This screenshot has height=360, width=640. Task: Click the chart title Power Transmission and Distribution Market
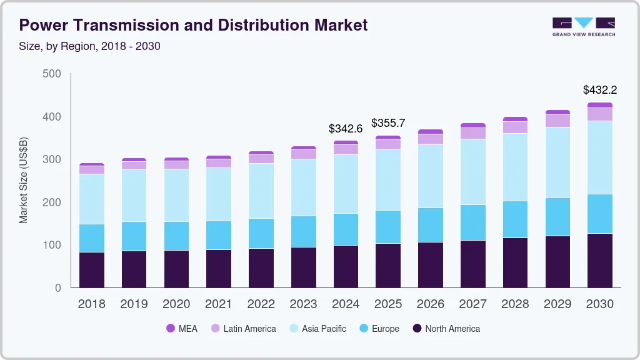(x=193, y=25)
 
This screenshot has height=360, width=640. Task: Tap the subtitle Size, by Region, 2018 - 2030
(x=90, y=46)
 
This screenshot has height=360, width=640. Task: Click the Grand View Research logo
(x=583, y=26)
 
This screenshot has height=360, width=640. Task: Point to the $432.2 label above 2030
(x=600, y=90)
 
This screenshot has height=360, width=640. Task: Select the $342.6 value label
(x=346, y=129)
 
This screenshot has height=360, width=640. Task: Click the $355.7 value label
(x=388, y=123)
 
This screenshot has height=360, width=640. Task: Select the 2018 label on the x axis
(x=91, y=304)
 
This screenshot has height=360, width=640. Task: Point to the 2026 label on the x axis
(x=431, y=304)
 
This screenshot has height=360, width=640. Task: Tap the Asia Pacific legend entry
(x=317, y=328)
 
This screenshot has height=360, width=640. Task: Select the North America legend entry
(x=446, y=328)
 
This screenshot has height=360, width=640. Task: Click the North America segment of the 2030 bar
(x=600, y=260)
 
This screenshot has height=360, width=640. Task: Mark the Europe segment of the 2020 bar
(x=176, y=236)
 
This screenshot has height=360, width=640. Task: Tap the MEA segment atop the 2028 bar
(x=515, y=119)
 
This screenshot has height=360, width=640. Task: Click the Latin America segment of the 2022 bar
(x=261, y=159)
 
